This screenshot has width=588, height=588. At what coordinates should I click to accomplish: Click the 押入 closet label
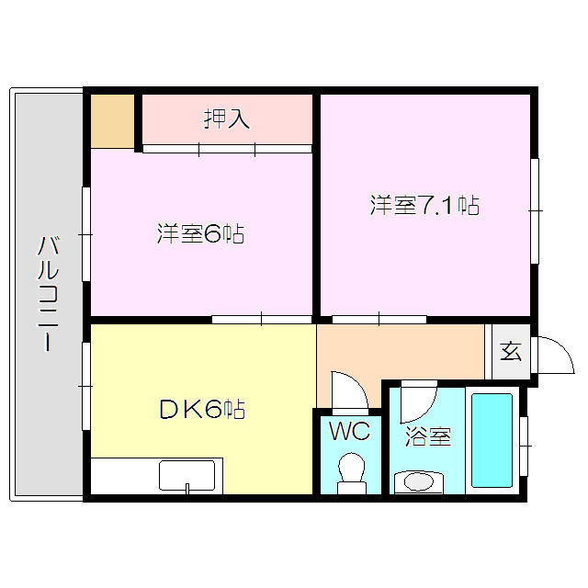[226, 119]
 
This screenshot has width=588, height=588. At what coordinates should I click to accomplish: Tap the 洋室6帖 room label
[199, 234]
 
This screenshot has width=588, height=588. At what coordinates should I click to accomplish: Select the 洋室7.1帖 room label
[424, 205]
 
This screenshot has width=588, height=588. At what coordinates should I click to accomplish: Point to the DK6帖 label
[201, 410]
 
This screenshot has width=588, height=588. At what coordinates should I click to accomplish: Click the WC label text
[350, 431]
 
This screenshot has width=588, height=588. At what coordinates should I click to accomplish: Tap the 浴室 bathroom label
[428, 437]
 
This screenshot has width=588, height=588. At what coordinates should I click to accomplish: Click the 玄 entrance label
[511, 350]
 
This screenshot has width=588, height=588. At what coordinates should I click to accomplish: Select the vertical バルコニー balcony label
[49, 294]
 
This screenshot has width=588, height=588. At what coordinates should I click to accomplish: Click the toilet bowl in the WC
[350, 470]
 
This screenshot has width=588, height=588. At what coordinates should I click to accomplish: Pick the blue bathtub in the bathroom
[492, 441]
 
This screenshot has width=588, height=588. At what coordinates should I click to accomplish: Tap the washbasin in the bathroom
[418, 481]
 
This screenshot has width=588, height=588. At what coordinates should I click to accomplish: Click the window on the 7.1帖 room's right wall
[534, 211]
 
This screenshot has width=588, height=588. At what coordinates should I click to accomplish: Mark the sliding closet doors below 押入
[226, 148]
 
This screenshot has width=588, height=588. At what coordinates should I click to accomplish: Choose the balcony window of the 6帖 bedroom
[85, 234]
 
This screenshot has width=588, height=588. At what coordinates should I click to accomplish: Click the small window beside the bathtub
[524, 446]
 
